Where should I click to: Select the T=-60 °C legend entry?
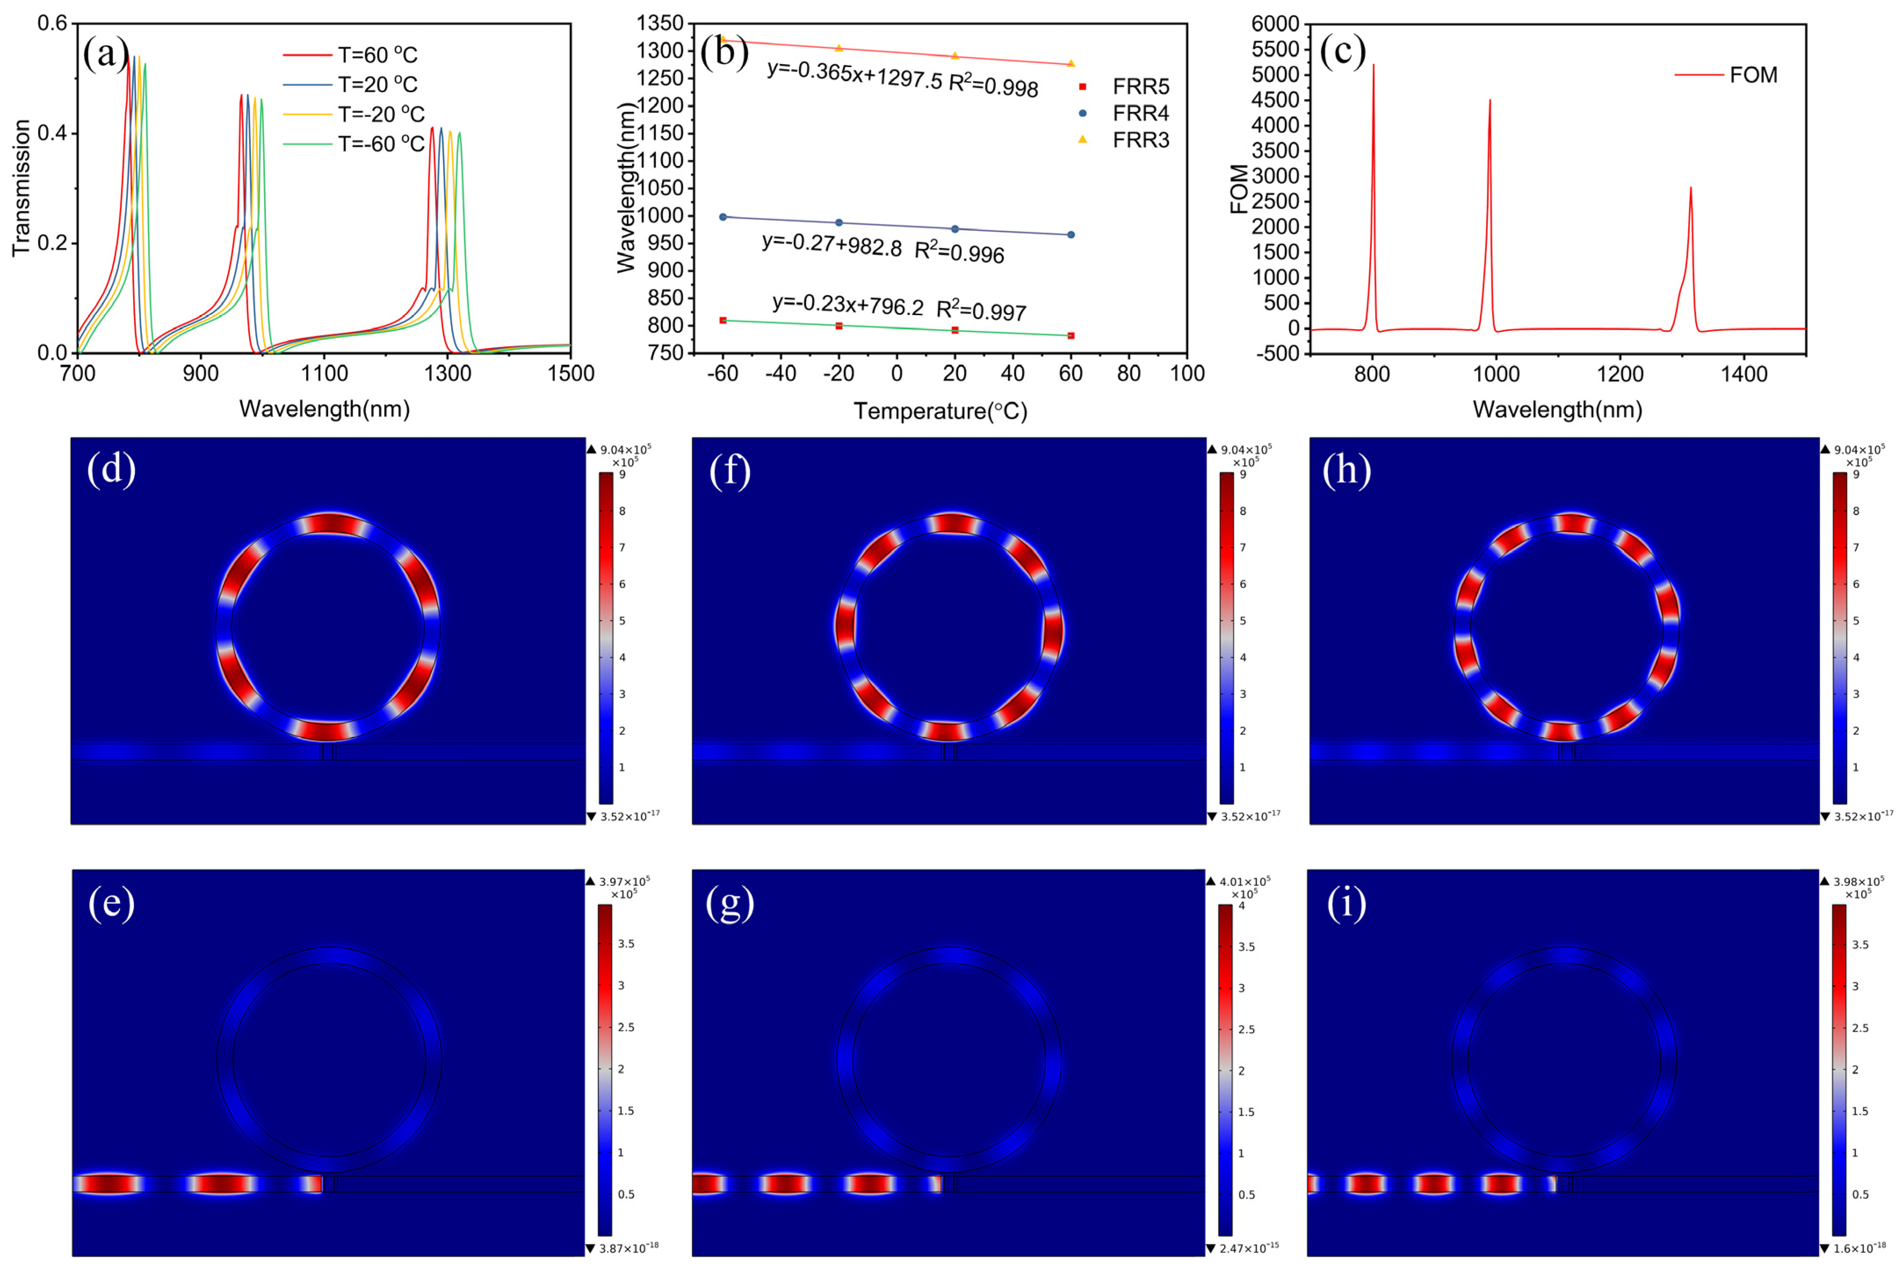tap(380, 144)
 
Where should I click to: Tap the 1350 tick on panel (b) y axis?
tap(659, 24)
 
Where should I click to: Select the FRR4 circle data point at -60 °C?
tap(723, 217)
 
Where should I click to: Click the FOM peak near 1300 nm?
tap(1690, 188)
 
